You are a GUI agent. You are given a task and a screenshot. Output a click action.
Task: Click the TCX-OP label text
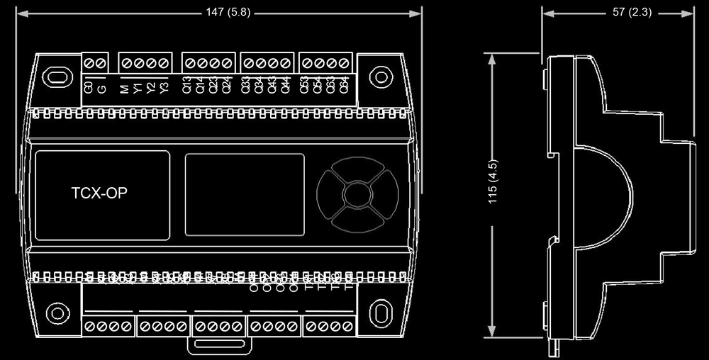pos(99,193)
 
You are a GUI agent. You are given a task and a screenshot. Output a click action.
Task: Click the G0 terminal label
pos(89,88)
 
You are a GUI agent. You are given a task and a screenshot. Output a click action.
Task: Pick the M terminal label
pos(124,88)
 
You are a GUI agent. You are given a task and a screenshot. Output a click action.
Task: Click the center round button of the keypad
pos(354,193)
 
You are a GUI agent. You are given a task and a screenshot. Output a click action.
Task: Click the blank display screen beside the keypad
pos(245,194)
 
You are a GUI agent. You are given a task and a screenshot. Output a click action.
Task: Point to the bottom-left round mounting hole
pos(55,311)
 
